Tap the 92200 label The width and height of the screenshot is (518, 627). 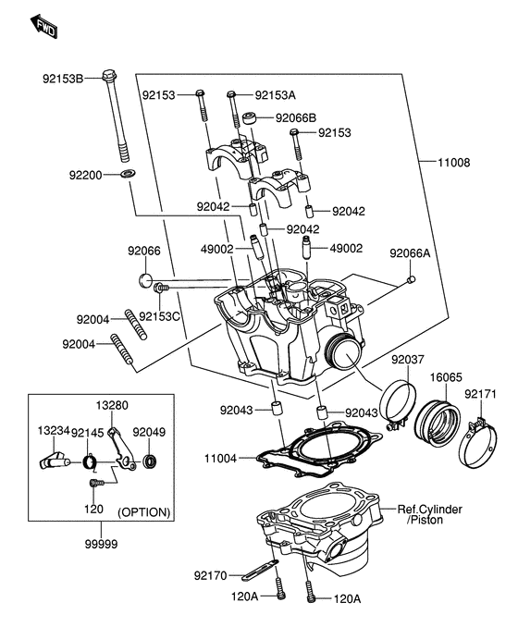[x=86, y=173]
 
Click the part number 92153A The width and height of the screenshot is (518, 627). [x=276, y=94]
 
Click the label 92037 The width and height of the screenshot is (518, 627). [x=407, y=360]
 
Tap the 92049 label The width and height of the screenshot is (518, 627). [x=148, y=431]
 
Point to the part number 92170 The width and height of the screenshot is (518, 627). [x=211, y=575]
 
